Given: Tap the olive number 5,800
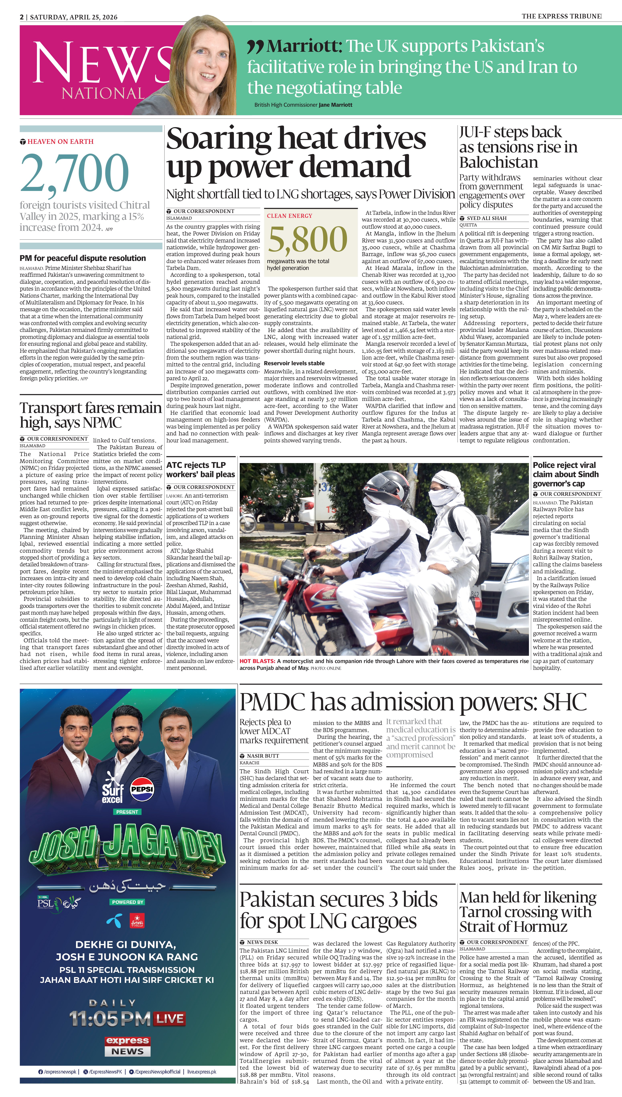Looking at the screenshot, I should pyautogui.click(x=307, y=239).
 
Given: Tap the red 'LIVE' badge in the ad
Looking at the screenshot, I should pyautogui.click(x=170, y=1019).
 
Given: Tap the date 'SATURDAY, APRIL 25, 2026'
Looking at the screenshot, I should pyautogui.click(x=73, y=17).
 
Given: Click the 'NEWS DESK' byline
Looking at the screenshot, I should pyautogui.click(x=262, y=942).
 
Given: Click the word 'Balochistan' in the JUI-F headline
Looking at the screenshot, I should pyautogui.click(x=498, y=163).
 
